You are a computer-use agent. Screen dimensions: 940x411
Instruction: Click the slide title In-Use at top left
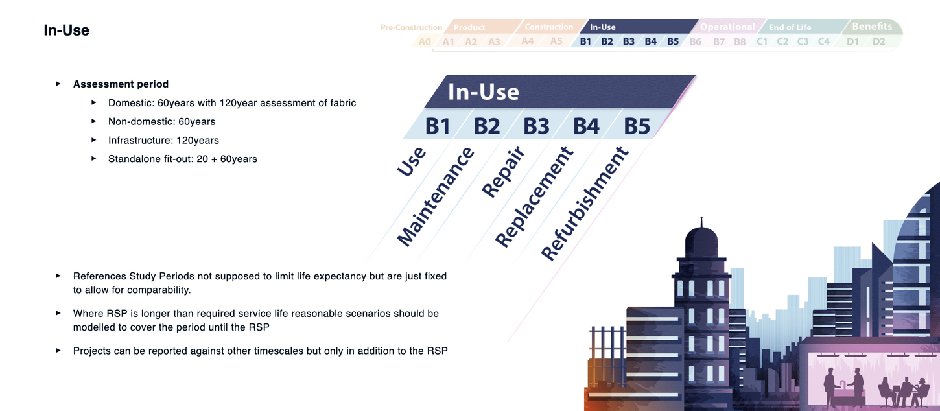click(x=66, y=30)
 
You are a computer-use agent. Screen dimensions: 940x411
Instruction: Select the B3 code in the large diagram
click(x=536, y=126)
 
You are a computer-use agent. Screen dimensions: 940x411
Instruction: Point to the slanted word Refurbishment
click(x=585, y=203)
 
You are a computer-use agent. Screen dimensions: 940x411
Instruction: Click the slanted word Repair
click(x=503, y=172)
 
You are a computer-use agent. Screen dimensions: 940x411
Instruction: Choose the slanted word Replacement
click(x=534, y=196)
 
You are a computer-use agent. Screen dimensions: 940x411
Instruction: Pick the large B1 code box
click(x=438, y=126)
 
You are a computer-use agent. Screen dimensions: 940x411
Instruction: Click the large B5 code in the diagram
click(x=637, y=126)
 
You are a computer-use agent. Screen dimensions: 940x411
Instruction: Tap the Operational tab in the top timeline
click(x=727, y=27)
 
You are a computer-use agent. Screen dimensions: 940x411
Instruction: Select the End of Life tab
click(x=790, y=27)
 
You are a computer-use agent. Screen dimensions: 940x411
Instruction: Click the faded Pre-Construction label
click(x=411, y=27)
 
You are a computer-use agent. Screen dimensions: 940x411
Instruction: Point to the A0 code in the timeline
click(x=425, y=41)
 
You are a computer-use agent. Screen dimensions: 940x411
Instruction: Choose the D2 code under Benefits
click(x=878, y=41)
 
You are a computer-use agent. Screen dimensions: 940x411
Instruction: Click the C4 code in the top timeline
click(x=824, y=41)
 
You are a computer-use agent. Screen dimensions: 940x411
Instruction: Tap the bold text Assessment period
click(x=121, y=84)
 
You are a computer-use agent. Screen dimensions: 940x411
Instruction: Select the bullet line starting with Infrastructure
click(x=163, y=140)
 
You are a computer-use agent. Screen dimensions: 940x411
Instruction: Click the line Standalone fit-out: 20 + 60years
click(x=183, y=159)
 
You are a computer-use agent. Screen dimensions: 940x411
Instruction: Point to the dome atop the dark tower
click(x=701, y=238)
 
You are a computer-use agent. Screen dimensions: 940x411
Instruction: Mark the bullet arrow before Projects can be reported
click(x=58, y=351)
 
